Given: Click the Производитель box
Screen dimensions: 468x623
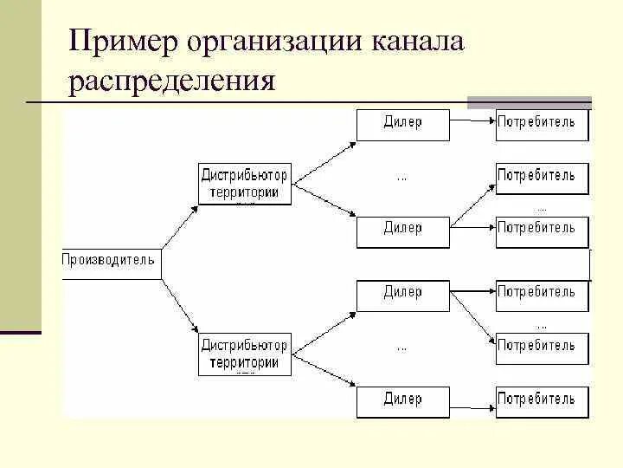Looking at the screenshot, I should (110, 260).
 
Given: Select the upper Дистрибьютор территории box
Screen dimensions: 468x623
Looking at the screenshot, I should (245, 184).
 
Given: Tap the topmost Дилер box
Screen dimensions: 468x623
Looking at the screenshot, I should (403, 123).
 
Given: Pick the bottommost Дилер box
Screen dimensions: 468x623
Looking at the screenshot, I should (403, 400).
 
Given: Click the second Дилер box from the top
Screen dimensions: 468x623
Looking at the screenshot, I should (403, 230).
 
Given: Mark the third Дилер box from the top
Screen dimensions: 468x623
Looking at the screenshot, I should (403, 294).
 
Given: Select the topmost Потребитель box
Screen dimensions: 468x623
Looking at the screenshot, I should (542, 123).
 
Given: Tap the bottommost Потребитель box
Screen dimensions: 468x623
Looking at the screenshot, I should (542, 400).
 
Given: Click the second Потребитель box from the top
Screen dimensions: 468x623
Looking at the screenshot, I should (542, 177).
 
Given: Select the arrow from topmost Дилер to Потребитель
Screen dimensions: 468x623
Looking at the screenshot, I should (472, 123).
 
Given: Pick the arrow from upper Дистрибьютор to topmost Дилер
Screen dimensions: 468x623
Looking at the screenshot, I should (324, 155).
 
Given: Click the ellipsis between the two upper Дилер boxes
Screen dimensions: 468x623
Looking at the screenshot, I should (402, 178).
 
